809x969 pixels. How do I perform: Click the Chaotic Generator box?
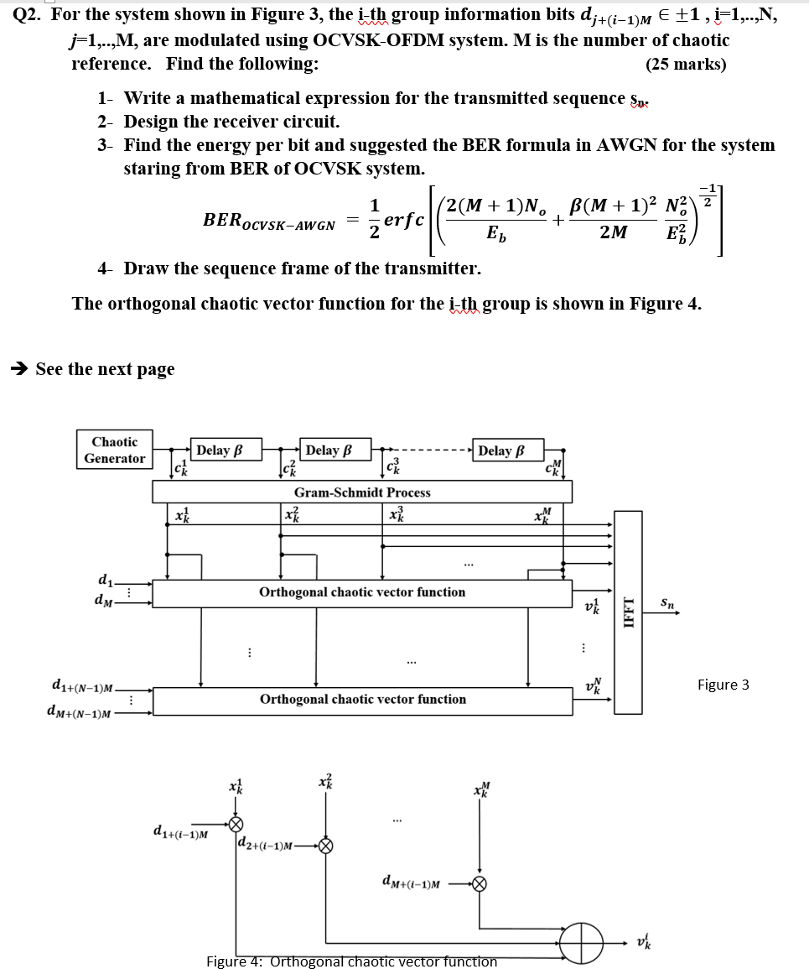coord(115,450)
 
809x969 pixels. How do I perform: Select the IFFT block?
coord(628,612)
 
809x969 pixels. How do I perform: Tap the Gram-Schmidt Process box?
coord(362,492)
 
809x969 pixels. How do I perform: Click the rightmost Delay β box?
coord(507,451)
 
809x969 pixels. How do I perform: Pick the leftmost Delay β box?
coord(224,451)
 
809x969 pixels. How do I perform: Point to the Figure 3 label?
coord(723,685)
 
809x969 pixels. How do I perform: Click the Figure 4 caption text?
coord(351,961)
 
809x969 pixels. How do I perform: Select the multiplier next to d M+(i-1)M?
coord(480,883)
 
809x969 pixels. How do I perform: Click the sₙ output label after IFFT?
coord(666,602)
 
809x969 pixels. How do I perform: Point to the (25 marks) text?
coord(686,64)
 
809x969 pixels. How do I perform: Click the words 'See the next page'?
coord(105,369)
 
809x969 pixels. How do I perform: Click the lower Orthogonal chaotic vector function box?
coord(362,699)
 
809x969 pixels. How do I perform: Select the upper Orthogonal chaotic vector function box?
coord(362,592)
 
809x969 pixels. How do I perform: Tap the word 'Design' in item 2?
coord(149,122)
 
